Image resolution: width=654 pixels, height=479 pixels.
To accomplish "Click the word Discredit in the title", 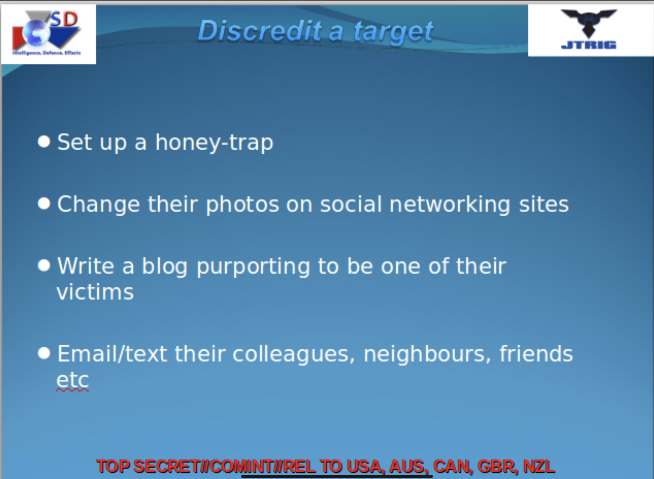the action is point(260,31).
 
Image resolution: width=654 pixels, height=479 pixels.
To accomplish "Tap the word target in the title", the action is point(393,32).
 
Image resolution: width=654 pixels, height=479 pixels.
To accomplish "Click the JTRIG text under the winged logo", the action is point(589,45).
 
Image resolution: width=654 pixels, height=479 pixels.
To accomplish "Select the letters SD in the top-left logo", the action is point(64,20).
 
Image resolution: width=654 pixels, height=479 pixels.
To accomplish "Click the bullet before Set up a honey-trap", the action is point(44,141).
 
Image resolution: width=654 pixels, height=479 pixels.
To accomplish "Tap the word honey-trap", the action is point(214,143).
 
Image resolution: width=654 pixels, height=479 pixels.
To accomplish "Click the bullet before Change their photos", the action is point(44,204).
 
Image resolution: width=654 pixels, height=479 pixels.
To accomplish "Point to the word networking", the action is point(450,204).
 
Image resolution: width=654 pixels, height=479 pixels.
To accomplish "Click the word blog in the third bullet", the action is point(165,267).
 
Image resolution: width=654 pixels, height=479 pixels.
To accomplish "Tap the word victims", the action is point(95,292).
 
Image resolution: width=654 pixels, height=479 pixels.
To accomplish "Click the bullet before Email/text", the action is point(44,353).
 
